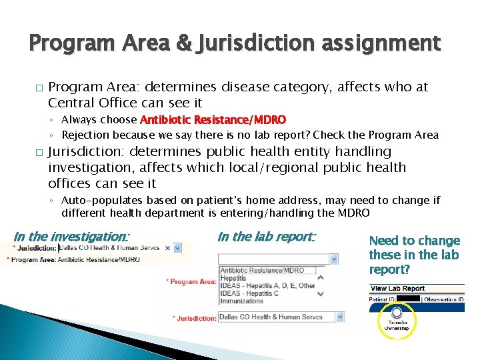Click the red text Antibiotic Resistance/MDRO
pos(213,120)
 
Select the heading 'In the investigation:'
pos(71,236)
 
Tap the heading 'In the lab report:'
pos(267,236)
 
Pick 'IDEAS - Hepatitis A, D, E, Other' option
pos(267,286)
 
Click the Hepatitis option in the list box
pos(233,278)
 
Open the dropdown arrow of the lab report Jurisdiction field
pos(334,317)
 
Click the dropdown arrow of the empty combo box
pos(334,259)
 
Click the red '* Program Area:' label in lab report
pos(191,282)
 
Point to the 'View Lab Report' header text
pos(398,289)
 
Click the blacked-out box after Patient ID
pos(407,299)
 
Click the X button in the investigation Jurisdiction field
pos(177,247)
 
